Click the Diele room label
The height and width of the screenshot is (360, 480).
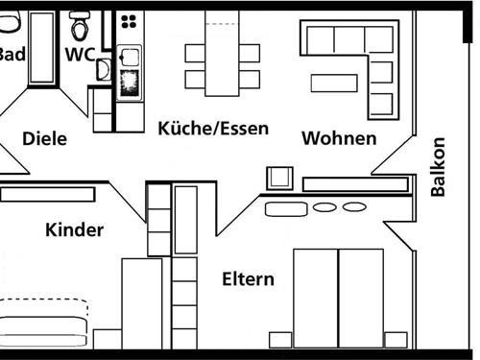pyautogui.click(x=44, y=138)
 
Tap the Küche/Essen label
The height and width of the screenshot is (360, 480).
pyautogui.click(x=213, y=128)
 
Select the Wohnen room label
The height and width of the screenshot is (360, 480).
pyautogui.click(x=339, y=138)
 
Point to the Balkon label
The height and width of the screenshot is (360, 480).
pyautogui.click(x=438, y=167)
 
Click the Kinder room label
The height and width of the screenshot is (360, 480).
pyautogui.click(x=74, y=229)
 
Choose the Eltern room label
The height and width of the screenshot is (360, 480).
pyautogui.click(x=248, y=279)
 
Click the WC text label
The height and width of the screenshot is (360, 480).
pyautogui.click(x=80, y=54)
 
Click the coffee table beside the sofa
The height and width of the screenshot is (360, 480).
pyautogui.click(x=334, y=83)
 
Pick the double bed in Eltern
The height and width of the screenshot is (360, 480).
pyautogui.click(x=338, y=297)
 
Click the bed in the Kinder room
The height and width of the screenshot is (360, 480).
pyautogui.click(x=43, y=324)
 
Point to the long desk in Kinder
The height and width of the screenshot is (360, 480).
pyautogui.click(x=47, y=194)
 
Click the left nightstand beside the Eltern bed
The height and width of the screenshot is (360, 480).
pyautogui.click(x=279, y=339)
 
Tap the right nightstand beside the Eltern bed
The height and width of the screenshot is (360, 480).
pyautogui.click(x=395, y=339)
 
